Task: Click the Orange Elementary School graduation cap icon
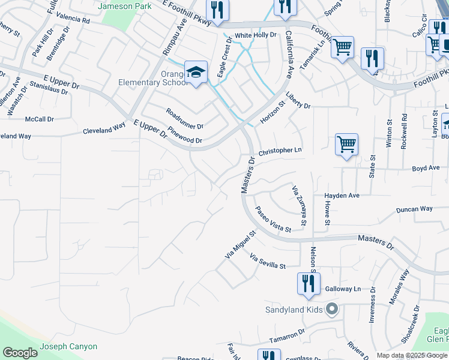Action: coord(196,73)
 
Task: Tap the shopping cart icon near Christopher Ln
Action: coord(346,145)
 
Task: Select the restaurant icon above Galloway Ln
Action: coord(309,284)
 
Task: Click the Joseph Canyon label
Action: coord(68,346)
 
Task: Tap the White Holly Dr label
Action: coord(255,35)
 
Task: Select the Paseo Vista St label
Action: coord(273,220)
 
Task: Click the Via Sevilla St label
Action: coord(267,262)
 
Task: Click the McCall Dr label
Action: coord(40,119)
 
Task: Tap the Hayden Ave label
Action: coord(342,196)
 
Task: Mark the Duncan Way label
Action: coord(414,209)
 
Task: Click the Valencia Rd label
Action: coord(73,20)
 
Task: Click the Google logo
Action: coord(20,353)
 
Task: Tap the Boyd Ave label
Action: coord(426,169)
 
